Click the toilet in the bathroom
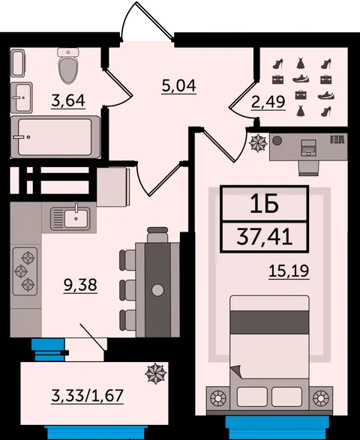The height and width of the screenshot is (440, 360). (68, 66)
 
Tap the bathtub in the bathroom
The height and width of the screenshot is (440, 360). (55, 137)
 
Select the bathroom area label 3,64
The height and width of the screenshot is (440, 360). (68, 101)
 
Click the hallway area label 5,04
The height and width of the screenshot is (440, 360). (179, 86)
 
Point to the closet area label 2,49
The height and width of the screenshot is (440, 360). (268, 102)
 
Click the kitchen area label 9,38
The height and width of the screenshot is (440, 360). (80, 285)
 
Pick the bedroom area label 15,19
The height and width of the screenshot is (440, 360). (289, 271)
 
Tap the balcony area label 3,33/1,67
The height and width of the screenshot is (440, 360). (87, 396)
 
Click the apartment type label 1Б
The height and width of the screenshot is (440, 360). (264, 204)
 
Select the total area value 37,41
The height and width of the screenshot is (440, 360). (264, 236)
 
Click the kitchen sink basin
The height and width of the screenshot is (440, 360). (76, 218)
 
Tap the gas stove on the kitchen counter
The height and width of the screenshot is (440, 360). (25, 271)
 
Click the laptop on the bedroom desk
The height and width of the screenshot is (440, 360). (308, 148)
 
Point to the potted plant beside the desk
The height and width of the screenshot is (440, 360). (258, 143)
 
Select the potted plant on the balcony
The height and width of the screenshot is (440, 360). (156, 373)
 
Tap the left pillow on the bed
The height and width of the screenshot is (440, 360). (252, 397)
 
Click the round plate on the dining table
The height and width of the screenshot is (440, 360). (157, 290)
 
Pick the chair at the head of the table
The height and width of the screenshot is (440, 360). (157, 235)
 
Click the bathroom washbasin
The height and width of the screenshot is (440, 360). (22, 97)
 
